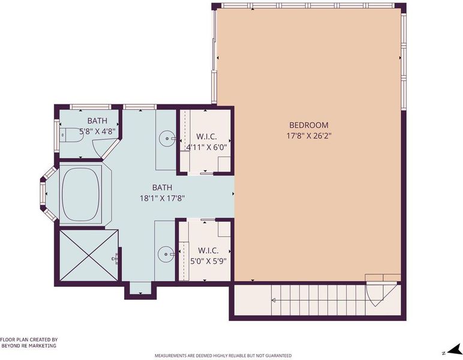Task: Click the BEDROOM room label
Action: [x=309, y=125]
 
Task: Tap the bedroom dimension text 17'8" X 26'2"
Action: [x=309, y=136]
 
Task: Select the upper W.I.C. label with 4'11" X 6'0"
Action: [x=206, y=142]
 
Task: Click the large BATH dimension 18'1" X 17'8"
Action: [x=162, y=198]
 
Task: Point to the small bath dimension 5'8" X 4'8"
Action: [x=97, y=131]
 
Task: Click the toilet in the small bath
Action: [x=71, y=135]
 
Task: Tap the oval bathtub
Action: [x=80, y=194]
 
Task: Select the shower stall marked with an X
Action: [x=89, y=255]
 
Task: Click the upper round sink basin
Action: [x=167, y=138]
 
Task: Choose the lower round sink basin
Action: [x=166, y=254]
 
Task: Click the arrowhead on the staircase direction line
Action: [x=273, y=301]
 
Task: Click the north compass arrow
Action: [x=454, y=350]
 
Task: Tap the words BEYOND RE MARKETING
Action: [x=29, y=346]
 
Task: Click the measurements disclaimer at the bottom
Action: [x=223, y=356]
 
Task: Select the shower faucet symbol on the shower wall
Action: [x=116, y=259]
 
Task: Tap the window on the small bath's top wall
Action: [x=91, y=107]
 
